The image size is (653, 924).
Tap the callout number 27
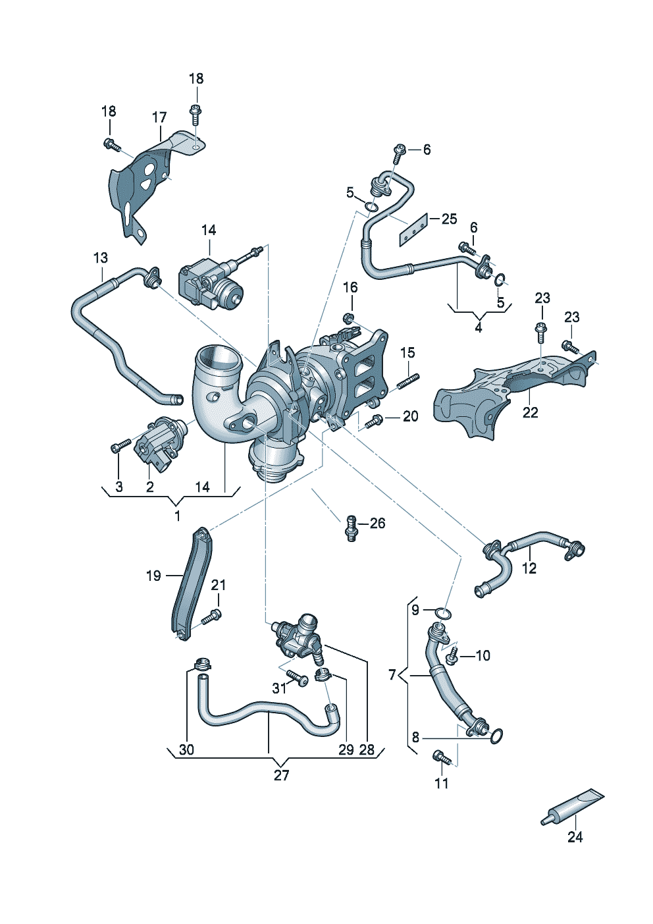281,775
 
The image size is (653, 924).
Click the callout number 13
100,258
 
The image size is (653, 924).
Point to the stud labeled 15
408,382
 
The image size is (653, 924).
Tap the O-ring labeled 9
444,614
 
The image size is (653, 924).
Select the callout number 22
530,412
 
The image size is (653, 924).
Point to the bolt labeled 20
375,420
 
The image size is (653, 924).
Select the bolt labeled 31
297,680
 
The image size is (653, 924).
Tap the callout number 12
529,568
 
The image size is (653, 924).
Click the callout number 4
479,327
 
